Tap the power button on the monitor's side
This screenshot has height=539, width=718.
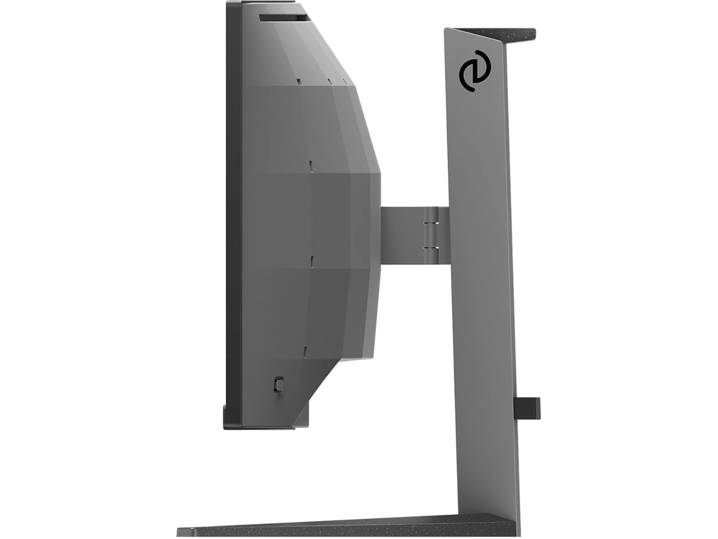click(x=279, y=385)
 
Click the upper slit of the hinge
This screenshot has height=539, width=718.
click(x=431, y=221)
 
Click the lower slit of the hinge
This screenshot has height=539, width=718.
click(x=431, y=247)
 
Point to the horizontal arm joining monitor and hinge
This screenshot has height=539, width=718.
click(x=402, y=234)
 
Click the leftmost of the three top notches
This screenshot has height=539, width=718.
click(x=298, y=82)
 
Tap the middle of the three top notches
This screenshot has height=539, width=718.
click(x=329, y=82)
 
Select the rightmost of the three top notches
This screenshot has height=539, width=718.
click(x=345, y=81)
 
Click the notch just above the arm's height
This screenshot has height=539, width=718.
click(x=310, y=164)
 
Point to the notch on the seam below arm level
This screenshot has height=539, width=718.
click(x=310, y=261)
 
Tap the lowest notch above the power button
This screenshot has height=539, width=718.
click(x=305, y=351)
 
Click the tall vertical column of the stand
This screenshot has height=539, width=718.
click(x=482, y=269)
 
